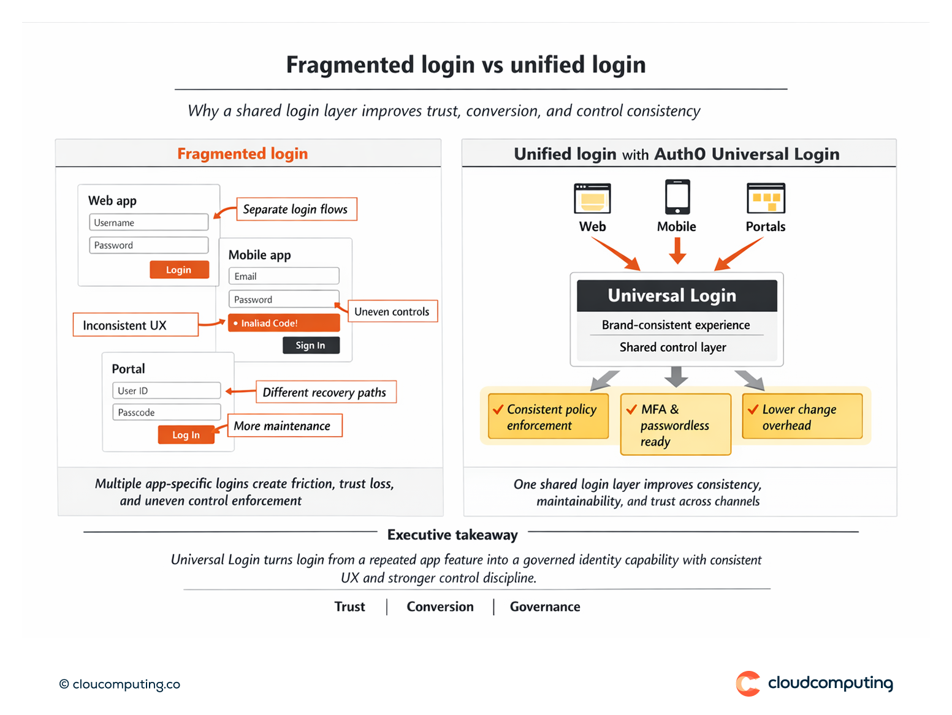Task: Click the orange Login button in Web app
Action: point(179,270)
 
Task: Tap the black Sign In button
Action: point(311,346)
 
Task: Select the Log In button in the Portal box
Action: point(186,434)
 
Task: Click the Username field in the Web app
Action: point(149,222)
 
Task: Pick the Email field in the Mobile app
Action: point(284,276)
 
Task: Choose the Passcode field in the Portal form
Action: point(166,412)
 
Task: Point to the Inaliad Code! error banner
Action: point(283,323)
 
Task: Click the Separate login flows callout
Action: point(296,209)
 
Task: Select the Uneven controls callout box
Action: point(392,311)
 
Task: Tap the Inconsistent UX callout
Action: point(135,325)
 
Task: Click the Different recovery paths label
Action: point(326,392)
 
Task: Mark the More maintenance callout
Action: point(284,426)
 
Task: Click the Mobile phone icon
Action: point(677,197)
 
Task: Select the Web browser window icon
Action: point(592,199)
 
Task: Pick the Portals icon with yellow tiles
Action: point(766,199)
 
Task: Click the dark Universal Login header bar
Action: point(677,296)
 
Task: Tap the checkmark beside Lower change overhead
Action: point(753,410)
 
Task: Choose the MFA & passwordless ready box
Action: point(676,425)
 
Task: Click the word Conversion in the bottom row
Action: point(440,607)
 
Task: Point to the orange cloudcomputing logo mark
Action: point(748,684)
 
